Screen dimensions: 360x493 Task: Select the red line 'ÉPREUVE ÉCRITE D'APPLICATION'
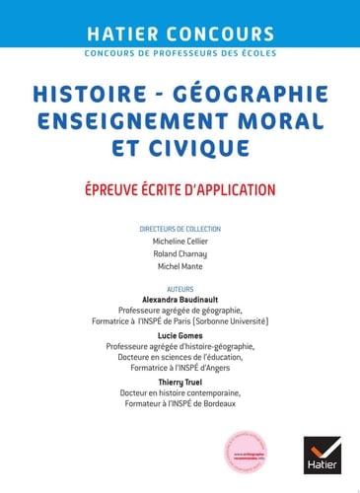[180, 188]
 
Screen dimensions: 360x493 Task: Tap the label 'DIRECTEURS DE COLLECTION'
[180, 229]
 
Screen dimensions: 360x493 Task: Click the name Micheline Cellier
[180, 243]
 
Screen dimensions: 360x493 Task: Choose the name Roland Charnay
[180, 254]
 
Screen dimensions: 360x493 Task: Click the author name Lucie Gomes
[180, 335]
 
